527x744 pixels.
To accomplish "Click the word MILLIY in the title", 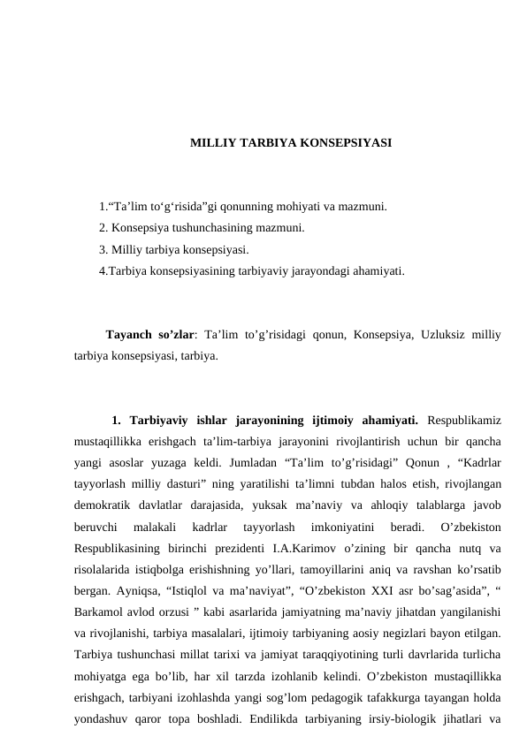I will (209, 141).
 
